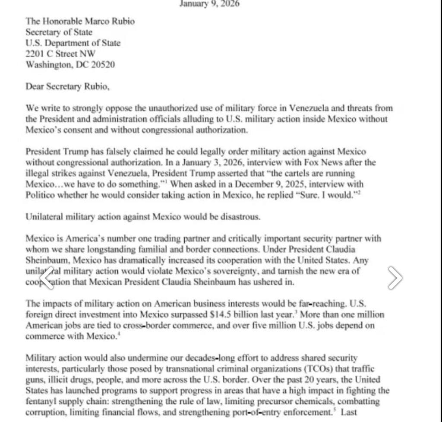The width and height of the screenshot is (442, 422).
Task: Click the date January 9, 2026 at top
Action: (209, 4)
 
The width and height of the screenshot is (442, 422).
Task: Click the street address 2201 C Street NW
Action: (60, 54)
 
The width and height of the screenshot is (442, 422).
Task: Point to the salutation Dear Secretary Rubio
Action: (67, 86)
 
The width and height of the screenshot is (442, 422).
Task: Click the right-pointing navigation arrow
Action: (395, 277)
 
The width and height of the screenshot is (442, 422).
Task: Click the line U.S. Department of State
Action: (73, 43)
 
